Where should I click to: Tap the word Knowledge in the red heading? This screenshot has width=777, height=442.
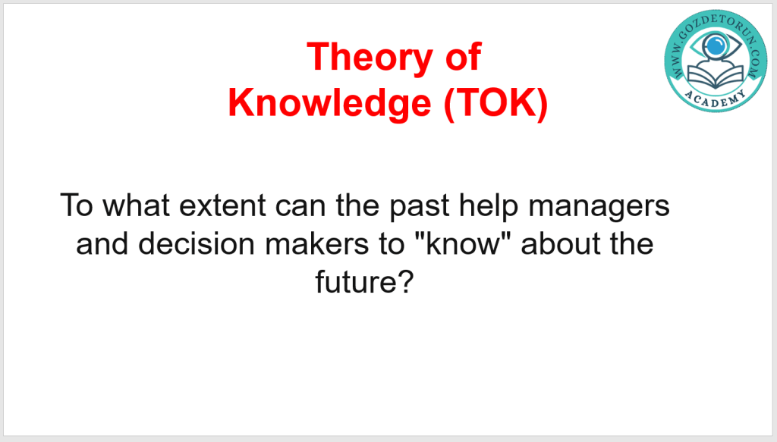click(x=329, y=103)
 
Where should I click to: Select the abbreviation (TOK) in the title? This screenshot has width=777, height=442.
click(x=495, y=103)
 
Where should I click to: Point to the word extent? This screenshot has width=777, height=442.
click(x=222, y=205)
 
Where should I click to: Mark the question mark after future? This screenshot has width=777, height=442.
click(x=404, y=281)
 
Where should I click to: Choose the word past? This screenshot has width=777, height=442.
click(x=419, y=207)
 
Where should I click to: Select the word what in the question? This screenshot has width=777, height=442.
click(x=136, y=205)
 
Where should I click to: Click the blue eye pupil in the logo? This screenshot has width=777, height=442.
click(x=715, y=46)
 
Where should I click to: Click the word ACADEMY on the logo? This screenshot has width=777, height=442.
click(x=716, y=99)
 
